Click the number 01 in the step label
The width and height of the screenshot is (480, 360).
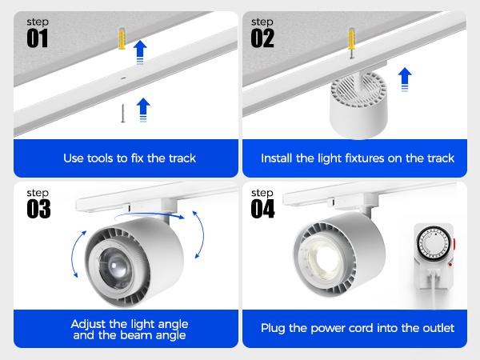click(x=38, y=38)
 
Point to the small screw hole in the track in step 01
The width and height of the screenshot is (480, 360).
click(x=122, y=79)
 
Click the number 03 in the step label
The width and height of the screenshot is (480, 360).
click(x=38, y=208)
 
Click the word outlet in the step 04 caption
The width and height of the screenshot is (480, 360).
click(x=435, y=328)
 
